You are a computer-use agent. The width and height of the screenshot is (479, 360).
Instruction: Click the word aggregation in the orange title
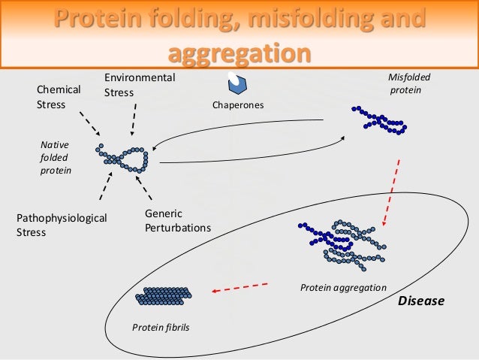[x=239, y=53]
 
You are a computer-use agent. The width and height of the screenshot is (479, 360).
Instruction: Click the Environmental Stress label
[x=139, y=85]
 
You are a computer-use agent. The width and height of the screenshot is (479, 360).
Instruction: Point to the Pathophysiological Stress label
[x=62, y=225]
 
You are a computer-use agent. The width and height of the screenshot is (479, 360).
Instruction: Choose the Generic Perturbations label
[x=177, y=221]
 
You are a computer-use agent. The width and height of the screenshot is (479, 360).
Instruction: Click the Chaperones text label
[x=238, y=105]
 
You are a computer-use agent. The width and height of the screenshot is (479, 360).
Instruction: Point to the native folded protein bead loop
[x=124, y=156]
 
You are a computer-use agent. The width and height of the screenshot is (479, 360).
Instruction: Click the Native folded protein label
[x=55, y=156]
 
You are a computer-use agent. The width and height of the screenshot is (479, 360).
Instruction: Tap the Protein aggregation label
[x=342, y=288]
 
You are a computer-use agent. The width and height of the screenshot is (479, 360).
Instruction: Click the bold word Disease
[x=420, y=301]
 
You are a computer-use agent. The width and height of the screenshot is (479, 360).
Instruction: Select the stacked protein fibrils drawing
[x=164, y=297]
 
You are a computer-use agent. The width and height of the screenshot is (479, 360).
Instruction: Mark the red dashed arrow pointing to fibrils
[x=240, y=288]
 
